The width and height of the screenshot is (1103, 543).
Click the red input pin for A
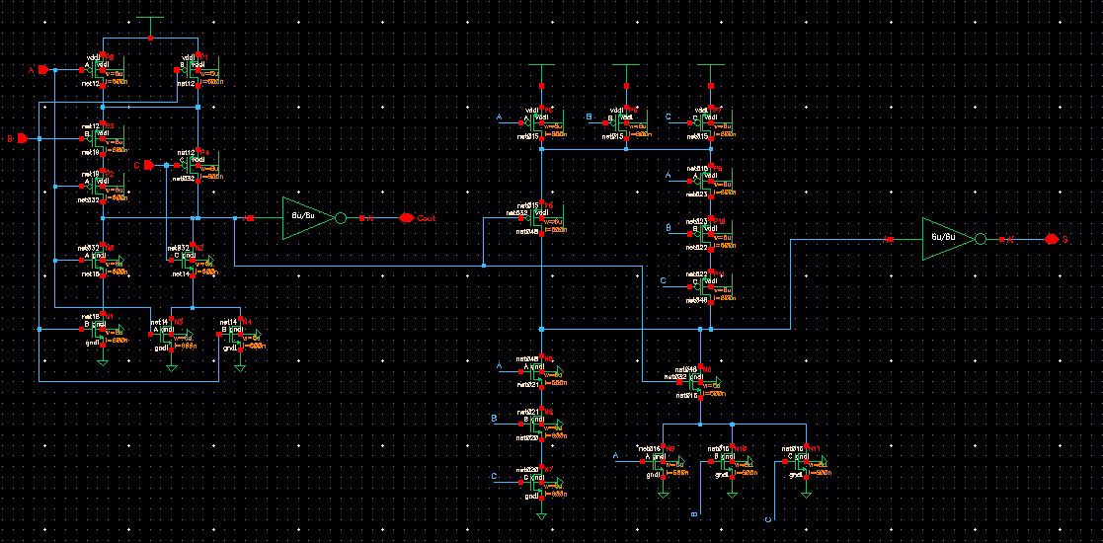42,70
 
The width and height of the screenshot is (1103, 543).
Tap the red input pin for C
147,165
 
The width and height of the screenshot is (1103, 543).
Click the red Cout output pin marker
405,217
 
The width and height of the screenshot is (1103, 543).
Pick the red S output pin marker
1052,239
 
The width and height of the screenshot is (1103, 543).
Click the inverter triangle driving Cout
302,217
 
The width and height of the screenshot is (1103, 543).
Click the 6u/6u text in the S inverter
939,238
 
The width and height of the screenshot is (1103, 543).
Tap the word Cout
427,217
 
